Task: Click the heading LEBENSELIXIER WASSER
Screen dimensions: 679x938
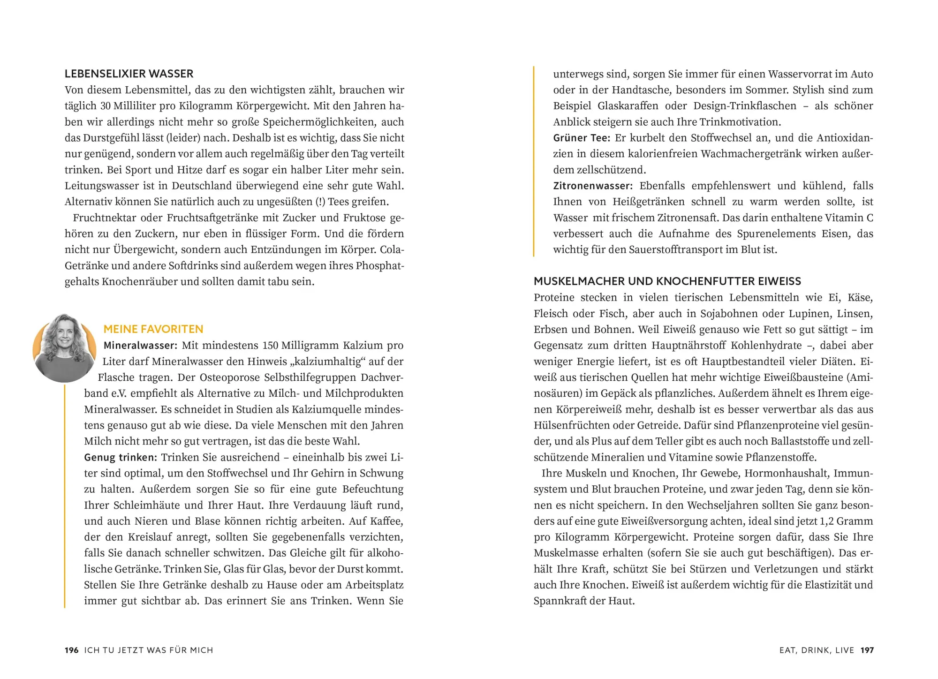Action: [129, 74]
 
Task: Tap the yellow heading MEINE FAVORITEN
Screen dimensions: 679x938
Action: [153, 329]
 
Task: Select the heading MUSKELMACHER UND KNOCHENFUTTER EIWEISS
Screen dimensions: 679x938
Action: [667, 281]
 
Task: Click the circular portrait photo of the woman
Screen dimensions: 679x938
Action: [64, 347]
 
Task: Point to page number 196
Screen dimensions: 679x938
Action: [71, 650]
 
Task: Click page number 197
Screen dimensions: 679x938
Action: [867, 650]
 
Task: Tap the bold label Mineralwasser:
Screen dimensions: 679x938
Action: [140, 346]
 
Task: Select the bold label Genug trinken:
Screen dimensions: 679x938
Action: [121, 457]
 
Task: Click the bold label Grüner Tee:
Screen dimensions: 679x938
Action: [582, 138]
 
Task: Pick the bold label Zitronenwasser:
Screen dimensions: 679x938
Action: [593, 186]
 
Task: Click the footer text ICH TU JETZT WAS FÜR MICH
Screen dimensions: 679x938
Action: [149, 650]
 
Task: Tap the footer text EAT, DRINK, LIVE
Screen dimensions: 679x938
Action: [817, 650]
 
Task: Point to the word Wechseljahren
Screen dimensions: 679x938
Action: [722, 505]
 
